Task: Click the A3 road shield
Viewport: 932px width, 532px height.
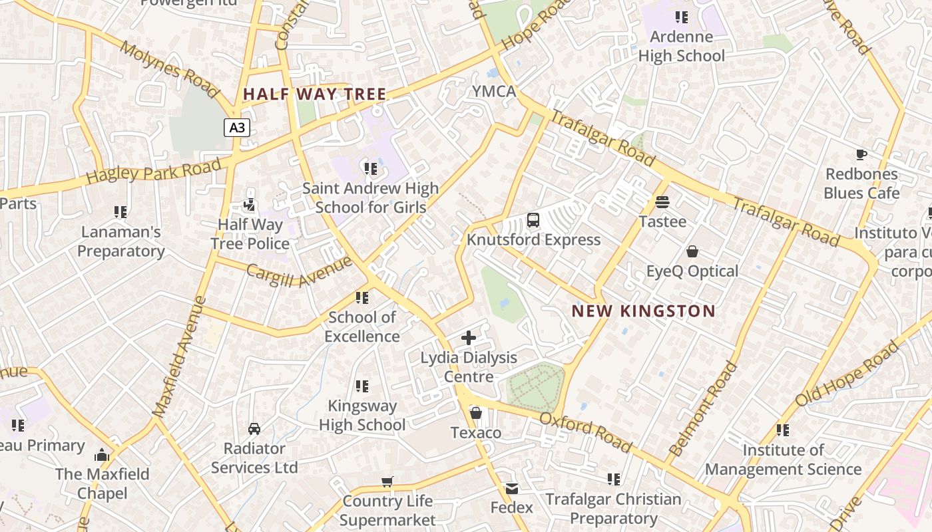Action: [x=237, y=128]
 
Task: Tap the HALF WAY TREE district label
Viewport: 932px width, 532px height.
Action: [x=314, y=94]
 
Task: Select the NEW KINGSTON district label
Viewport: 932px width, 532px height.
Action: [x=643, y=311]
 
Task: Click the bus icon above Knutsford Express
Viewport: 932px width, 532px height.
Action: [x=533, y=220]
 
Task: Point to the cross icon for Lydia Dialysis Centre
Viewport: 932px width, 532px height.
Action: [x=469, y=338]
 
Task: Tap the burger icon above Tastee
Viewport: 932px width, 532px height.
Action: [x=662, y=201]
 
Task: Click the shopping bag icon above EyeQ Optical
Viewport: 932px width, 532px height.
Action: [x=692, y=251]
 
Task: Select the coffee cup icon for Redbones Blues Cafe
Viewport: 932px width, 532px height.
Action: [x=861, y=155]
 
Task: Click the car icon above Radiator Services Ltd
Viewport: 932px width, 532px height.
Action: [x=254, y=429]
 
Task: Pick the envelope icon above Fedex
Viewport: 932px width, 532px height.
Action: [x=511, y=489]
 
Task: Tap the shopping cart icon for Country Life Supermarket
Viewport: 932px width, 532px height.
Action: [x=387, y=481]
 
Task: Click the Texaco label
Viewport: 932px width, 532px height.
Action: [x=476, y=433]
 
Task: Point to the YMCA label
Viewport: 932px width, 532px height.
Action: [x=494, y=92]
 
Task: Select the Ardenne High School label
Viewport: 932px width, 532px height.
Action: [x=681, y=47]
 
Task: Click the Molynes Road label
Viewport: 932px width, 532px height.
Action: [x=170, y=68]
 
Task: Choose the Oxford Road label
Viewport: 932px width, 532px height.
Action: [x=585, y=432]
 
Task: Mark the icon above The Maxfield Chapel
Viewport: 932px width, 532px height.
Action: [x=102, y=455]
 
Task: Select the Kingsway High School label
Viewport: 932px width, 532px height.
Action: [x=362, y=415]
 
